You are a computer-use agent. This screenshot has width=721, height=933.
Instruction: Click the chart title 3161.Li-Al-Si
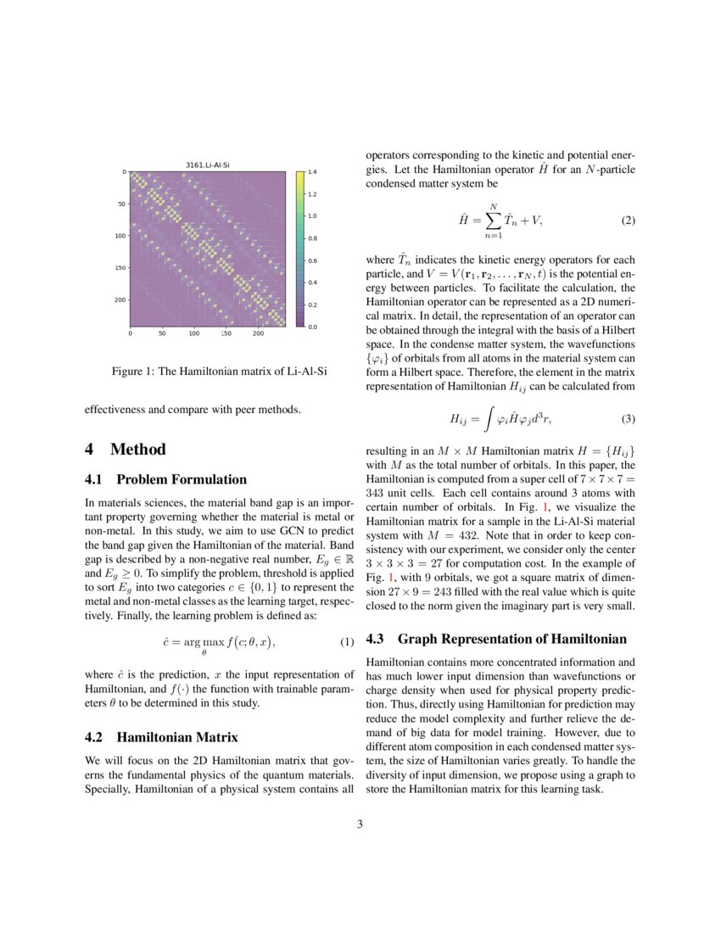[208, 164]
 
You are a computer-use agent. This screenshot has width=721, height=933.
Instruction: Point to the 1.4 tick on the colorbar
[312, 172]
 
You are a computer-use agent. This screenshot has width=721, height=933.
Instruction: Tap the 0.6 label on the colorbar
[312, 260]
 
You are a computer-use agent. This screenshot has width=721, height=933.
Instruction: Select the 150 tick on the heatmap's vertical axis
[120, 268]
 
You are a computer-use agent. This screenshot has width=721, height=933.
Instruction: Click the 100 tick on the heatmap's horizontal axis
[193, 334]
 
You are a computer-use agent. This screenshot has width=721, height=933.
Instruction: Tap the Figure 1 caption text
[220, 372]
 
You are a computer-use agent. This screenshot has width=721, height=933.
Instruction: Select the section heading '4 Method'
[126, 450]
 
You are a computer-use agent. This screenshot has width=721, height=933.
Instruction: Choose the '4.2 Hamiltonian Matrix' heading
[161, 736]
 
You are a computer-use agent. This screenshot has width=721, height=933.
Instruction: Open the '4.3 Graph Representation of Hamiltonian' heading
[496, 639]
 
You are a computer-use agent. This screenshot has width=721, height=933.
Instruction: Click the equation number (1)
[346, 642]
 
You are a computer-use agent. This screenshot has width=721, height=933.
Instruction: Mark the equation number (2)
[628, 221]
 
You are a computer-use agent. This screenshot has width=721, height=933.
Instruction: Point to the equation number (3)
[628, 418]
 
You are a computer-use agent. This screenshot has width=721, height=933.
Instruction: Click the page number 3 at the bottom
[360, 824]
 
